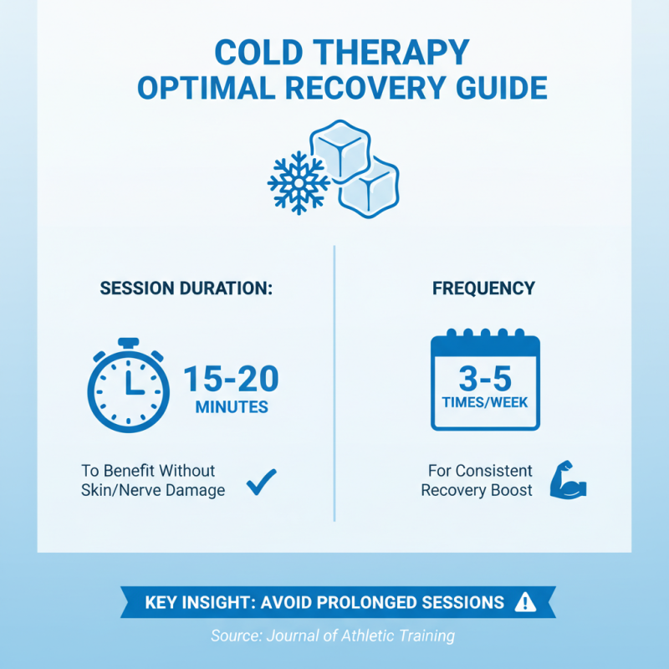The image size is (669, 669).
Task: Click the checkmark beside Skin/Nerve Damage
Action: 261,481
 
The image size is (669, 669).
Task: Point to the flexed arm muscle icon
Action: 568,480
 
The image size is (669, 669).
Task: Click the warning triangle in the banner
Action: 525,602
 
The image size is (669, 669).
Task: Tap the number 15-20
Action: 231,379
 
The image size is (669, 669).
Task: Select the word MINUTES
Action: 232,408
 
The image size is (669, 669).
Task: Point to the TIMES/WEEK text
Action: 485,402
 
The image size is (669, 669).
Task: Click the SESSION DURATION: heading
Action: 186,289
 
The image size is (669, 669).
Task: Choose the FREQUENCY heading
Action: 483,289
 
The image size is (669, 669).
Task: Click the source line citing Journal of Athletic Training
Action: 333,636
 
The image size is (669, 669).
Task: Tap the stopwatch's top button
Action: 128,343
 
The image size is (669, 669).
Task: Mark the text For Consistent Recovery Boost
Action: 477,481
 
